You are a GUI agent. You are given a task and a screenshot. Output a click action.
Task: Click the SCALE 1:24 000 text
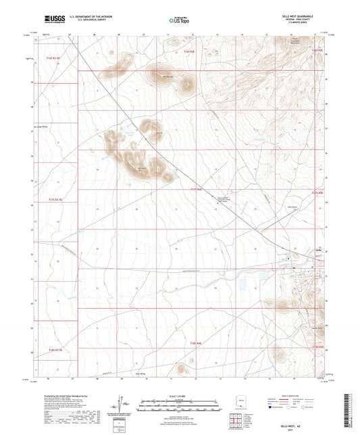coord(180,396)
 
